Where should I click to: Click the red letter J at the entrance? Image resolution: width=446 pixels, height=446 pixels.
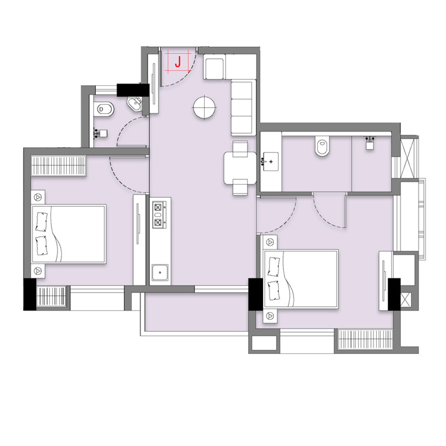[x=178, y=62]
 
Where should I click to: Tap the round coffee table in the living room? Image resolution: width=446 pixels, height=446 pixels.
[x=204, y=108]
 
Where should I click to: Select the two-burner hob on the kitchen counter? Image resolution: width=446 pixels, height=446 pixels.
[x=158, y=215]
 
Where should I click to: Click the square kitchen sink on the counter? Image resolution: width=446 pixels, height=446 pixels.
[x=160, y=273]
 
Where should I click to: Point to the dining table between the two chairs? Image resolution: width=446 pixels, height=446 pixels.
[x=240, y=168]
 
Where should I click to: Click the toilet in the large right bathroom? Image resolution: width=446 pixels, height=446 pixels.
[x=322, y=146]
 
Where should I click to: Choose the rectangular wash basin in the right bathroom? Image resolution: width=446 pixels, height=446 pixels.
[x=270, y=162]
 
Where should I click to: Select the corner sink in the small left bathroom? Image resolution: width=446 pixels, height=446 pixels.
[x=135, y=104]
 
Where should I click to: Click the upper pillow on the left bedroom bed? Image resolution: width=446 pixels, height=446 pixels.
[x=41, y=221]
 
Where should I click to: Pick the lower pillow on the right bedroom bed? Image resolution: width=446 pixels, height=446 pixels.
[x=274, y=290]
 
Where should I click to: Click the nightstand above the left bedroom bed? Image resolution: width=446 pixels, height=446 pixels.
[x=38, y=197]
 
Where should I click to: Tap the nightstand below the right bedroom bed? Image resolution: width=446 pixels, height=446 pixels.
[x=270, y=316]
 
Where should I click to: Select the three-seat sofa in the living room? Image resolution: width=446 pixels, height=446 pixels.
[x=241, y=108]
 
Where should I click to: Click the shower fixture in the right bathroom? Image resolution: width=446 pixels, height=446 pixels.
[x=370, y=143]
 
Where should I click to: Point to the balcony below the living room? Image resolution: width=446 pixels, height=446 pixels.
[x=196, y=312]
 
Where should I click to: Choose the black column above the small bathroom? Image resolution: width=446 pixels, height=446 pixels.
[x=133, y=90]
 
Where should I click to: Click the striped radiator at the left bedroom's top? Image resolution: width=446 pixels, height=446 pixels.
[x=59, y=166]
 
